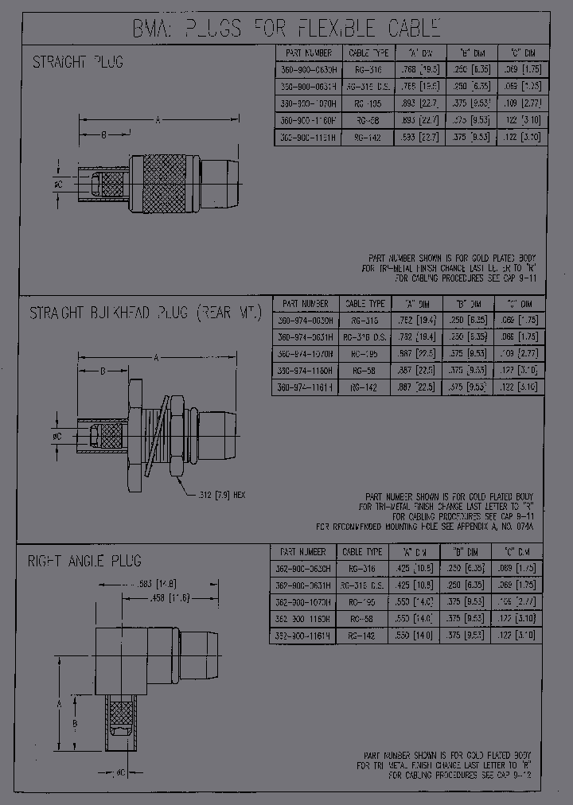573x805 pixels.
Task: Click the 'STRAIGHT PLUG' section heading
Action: (x=78, y=61)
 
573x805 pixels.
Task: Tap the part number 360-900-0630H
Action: (x=309, y=69)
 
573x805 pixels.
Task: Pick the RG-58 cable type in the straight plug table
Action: (x=369, y=119)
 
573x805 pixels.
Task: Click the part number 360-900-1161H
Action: (x=309, y=137)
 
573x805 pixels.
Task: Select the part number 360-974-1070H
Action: (x=306, y=353)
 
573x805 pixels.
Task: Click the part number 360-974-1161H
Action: (x=306, y=387)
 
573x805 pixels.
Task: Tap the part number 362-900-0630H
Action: (x=303, y=568)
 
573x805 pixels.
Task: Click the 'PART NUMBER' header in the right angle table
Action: (x=303, y=551)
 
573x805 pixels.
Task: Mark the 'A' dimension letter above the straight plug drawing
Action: (x=158, y=120)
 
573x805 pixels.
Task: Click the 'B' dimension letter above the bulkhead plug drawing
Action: (x=103, y=371)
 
